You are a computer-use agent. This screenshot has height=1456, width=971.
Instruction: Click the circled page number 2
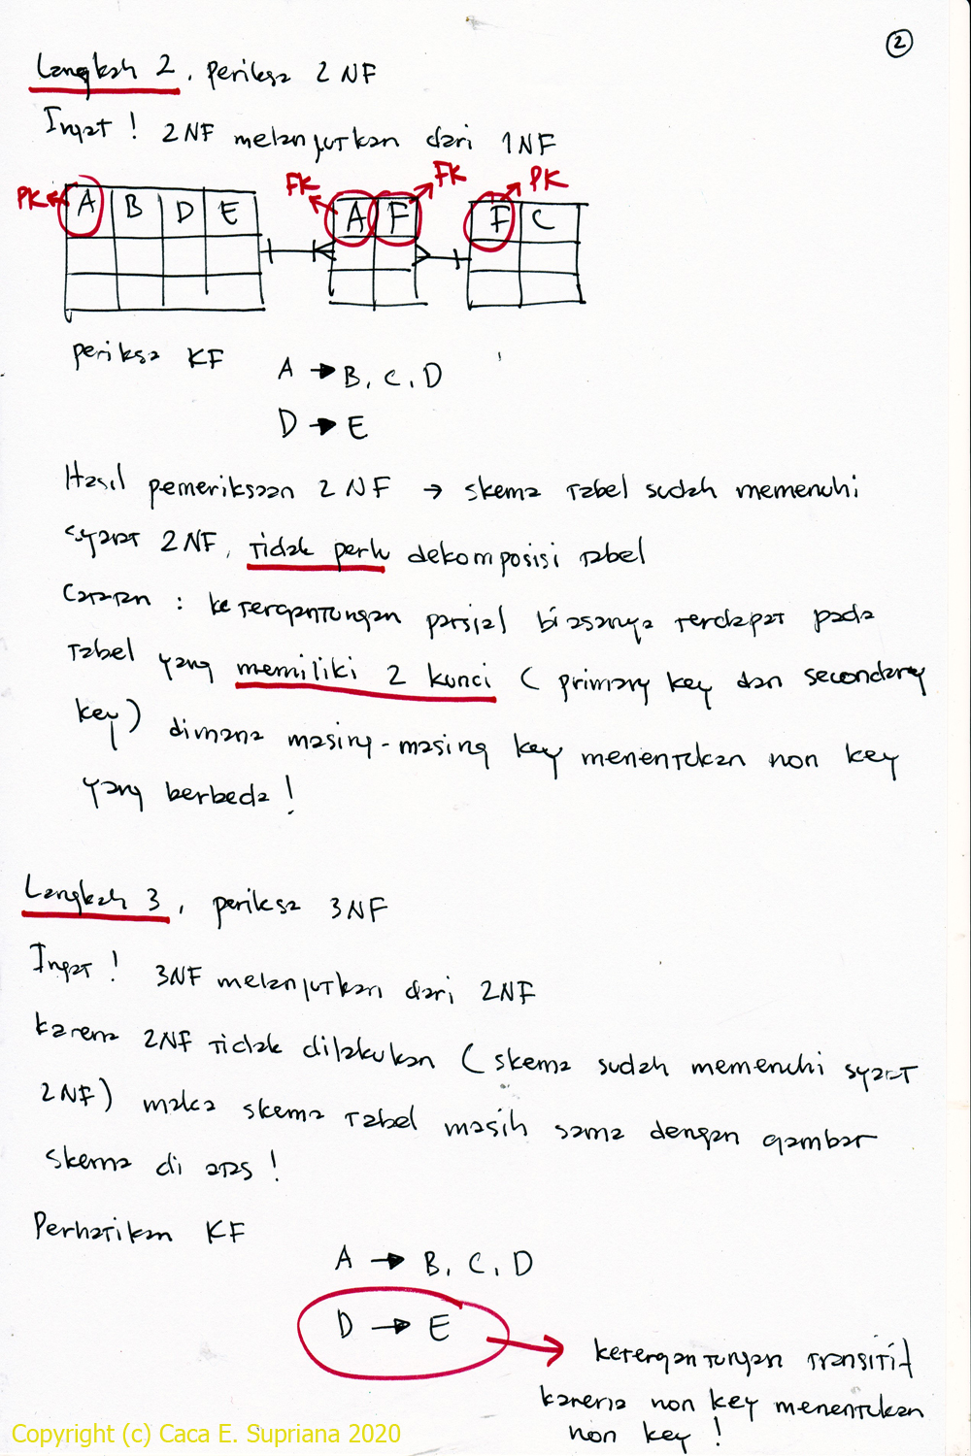pos(899,44)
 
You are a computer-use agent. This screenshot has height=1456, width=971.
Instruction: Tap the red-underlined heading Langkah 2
pos(105,70)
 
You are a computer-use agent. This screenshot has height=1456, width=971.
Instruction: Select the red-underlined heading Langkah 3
pos(95,897)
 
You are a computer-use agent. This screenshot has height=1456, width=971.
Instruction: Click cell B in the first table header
pos(134,209)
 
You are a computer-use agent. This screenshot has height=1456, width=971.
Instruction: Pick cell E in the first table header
pos(229,212)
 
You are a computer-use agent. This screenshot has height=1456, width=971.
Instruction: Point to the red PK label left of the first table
pos(31,199)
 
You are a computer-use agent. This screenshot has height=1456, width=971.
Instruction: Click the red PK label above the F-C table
pos(547,181)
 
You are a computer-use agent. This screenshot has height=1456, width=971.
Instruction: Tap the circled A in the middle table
pos(354,218)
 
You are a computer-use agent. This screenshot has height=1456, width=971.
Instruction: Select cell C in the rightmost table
pos(544,218)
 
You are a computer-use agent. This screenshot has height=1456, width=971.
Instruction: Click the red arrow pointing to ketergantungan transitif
pos(529,1346)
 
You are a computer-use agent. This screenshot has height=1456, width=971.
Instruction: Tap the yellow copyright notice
pos(206,1434)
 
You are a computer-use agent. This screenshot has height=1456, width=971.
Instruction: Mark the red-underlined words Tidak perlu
pos(318,551)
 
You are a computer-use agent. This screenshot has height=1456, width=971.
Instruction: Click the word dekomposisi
pos(483,555)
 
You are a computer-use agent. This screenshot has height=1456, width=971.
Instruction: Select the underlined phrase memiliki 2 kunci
pos(364,674)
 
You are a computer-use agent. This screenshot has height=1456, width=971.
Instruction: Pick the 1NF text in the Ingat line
pos(528,144)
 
